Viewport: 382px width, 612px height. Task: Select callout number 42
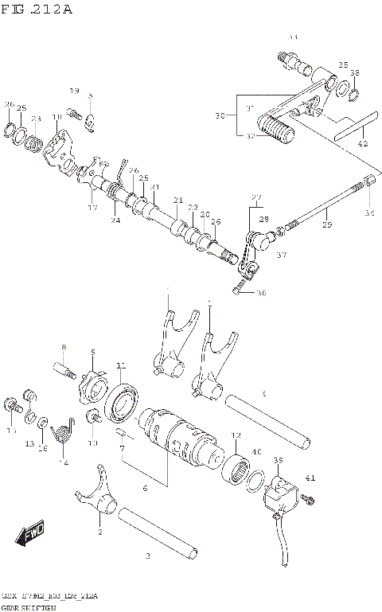click(x=363, y=145)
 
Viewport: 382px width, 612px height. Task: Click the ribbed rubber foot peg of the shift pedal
click(x=275, y=128)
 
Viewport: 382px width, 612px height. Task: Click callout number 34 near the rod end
click(x=368, y=213)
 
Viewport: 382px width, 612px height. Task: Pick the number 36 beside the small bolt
click(x=261, y=293)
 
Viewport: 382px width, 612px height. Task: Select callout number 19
click(x=74, y=91)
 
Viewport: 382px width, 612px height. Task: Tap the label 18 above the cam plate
click(x=57, y=118)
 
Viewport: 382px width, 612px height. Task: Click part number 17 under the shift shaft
click(x=92, y=209)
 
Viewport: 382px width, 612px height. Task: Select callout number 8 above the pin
click(x=64, y=347)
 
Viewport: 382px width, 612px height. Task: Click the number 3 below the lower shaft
click(x=147, y=556)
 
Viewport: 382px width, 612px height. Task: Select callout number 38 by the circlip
click(x=355, y=74)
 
